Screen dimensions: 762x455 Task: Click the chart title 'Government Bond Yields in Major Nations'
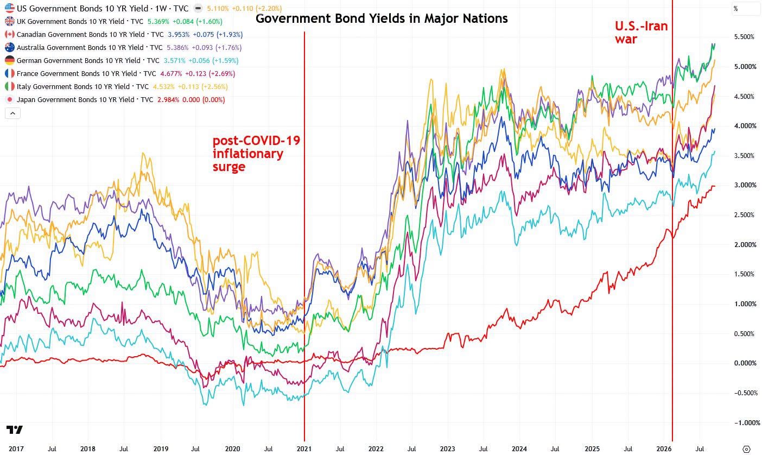[x=382, y=18]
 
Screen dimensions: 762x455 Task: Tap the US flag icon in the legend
[x=10, y=8]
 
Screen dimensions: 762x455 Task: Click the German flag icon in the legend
[x=10, y=61]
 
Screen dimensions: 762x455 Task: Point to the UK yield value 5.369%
[x=158, y=21]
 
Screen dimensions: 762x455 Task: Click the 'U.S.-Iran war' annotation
[x=641, y=33]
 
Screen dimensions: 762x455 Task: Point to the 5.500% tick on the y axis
[x=744, y=37]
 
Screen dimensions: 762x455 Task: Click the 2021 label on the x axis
[x=304, y=449]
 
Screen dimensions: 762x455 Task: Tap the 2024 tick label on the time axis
[x=519, y=449]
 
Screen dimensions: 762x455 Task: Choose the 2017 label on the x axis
[x=16, y=449]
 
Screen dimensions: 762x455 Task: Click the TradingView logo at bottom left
[x=14, y=429]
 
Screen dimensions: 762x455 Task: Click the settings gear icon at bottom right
[x=746, y=449]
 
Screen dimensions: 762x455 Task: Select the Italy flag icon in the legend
[x=10, y=86]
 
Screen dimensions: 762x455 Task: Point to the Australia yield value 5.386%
[x=177, y=48]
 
